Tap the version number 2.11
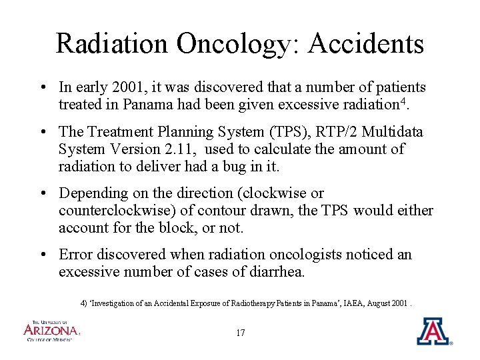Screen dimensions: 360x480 (161, 149)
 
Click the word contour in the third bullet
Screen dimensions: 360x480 (243, 211)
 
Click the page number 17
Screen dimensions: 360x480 (241, 333)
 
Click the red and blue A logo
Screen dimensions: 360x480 (433, 331)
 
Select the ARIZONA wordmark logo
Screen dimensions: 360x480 (51, 329)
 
